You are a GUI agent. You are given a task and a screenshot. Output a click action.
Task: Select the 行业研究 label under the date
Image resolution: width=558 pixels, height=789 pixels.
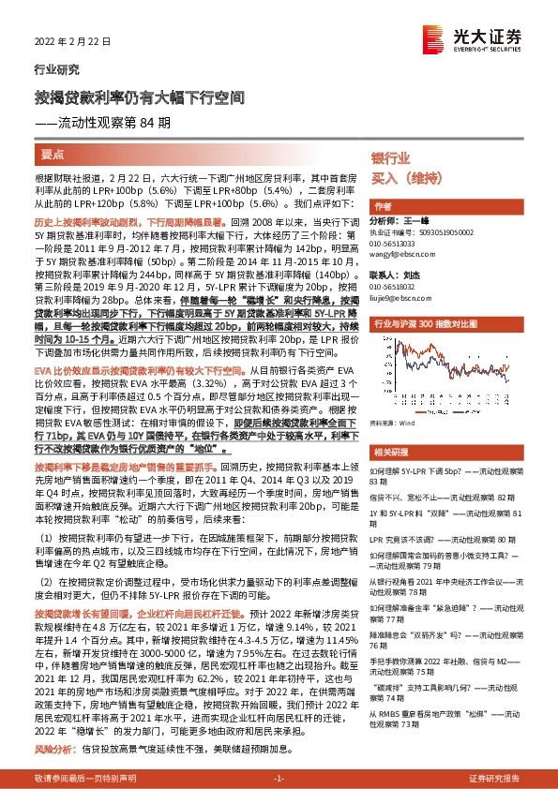point(51,68)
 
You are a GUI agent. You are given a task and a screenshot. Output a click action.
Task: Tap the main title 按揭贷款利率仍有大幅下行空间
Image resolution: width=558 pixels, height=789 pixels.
point(140,97)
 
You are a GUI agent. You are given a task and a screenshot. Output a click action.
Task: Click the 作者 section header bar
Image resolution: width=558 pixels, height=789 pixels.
point(383,206)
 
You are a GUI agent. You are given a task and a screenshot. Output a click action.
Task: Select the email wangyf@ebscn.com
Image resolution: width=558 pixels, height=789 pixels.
point(400,253)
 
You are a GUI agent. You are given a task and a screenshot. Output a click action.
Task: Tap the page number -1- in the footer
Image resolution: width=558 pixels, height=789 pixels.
point(279,779)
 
